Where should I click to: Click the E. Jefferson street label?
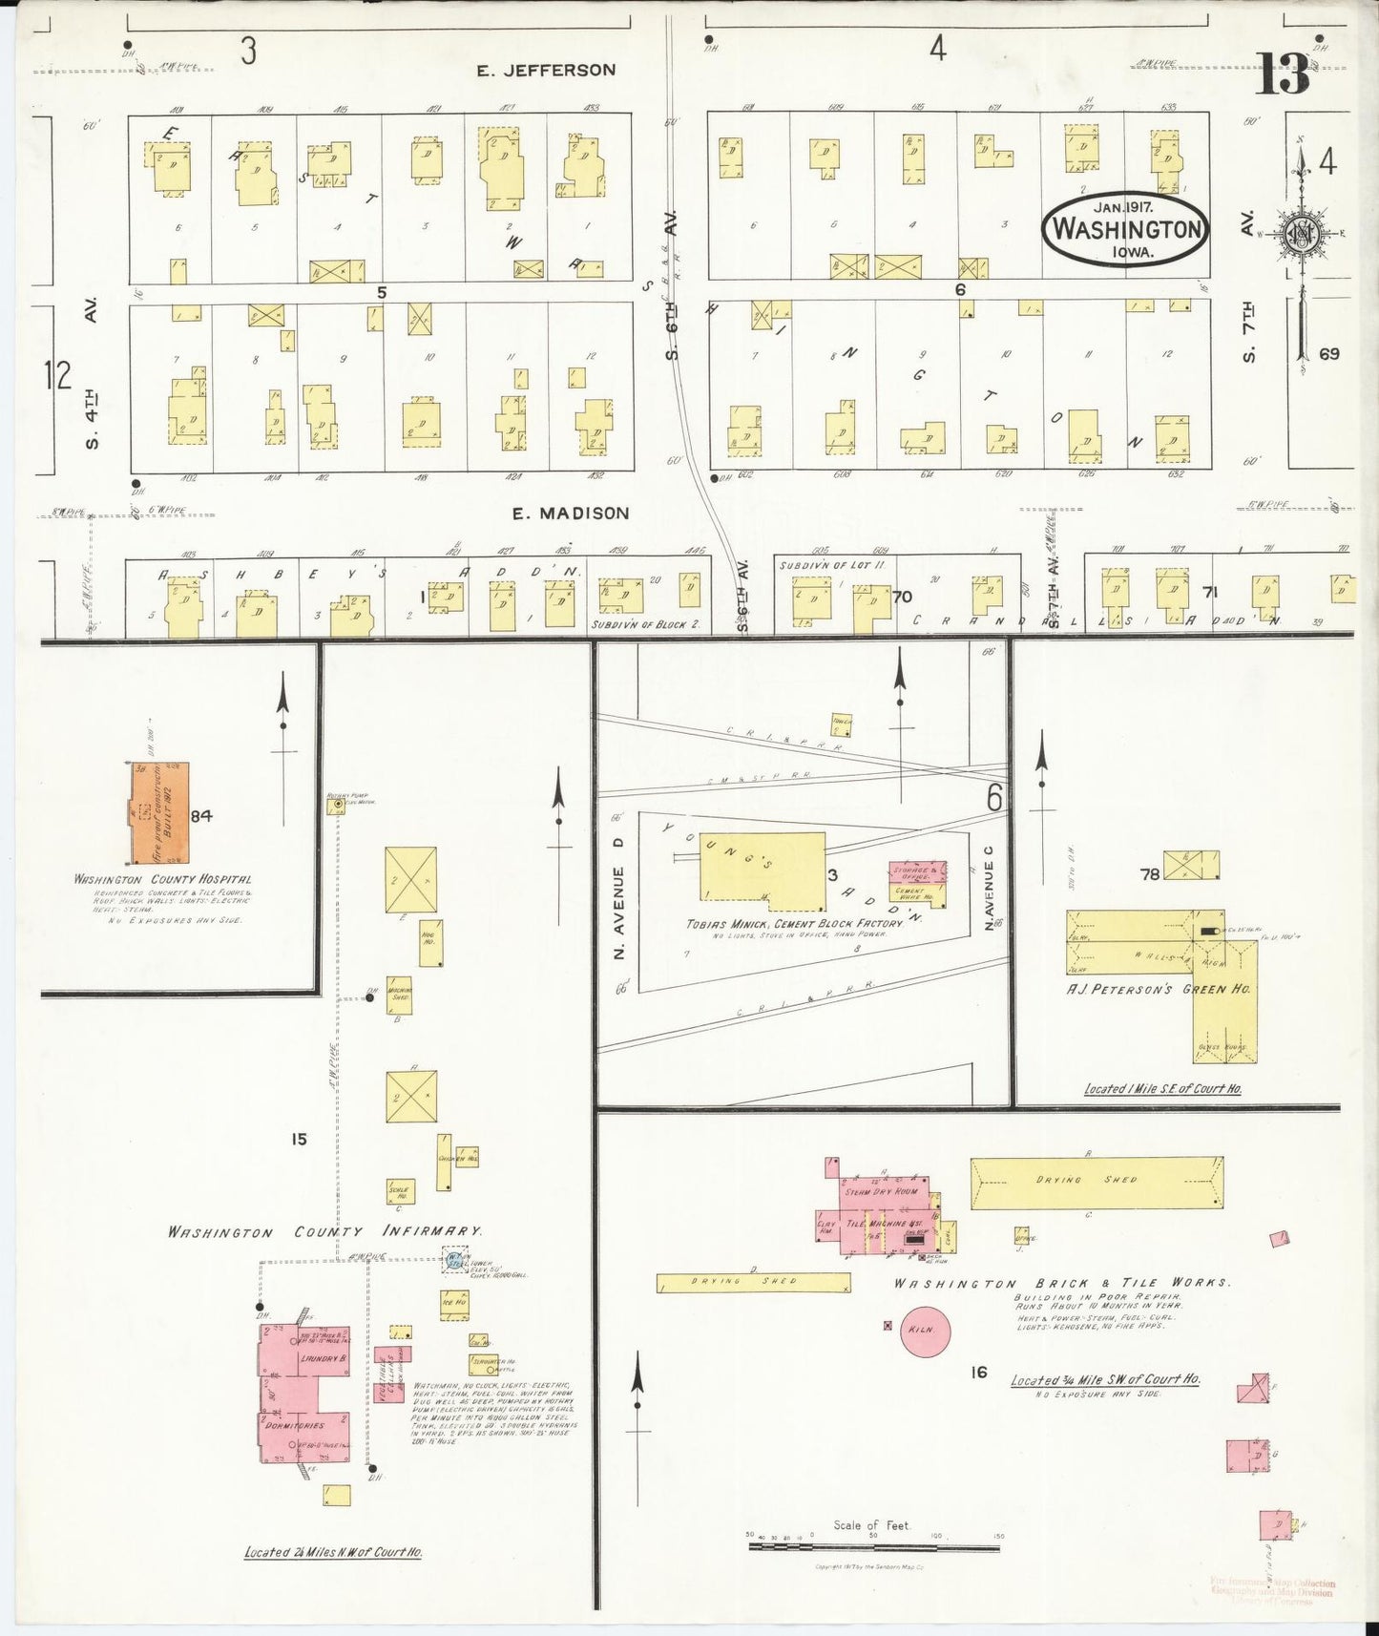(x=547, y=70)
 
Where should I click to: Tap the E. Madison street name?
(x=571, y=514)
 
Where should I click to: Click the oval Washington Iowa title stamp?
(x=1125, y=229)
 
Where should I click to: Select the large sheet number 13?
(x=1282, y=74)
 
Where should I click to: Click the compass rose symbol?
(x=1299, y=233)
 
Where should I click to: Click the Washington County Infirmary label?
(x=324, y=1232)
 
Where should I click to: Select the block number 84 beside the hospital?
(x=200, y=815)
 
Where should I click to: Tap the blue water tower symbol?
(x=454, y=1261)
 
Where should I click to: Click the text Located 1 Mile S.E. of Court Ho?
(x=1161, y=1088)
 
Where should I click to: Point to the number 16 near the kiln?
(x=978, y=1372)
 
